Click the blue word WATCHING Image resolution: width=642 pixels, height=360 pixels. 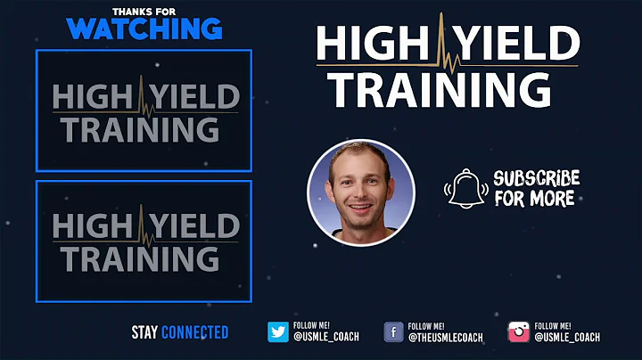click(144, 28)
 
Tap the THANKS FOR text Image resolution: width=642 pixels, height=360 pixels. click(144, 11)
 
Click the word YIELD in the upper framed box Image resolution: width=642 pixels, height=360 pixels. click(196, 95)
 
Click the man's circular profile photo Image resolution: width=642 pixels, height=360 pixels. click(360, 192)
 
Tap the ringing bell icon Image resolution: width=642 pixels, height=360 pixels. click(465, 187)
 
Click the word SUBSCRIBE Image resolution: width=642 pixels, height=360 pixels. click(536, 178)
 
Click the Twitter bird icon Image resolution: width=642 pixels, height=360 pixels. click(278, 332)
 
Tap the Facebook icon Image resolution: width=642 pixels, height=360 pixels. click(393, 332)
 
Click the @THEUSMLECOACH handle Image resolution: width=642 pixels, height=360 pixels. click(445, 338)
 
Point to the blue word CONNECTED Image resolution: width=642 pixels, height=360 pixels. click(195, 332)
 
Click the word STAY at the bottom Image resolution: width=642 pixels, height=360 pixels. click(144, 332)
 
